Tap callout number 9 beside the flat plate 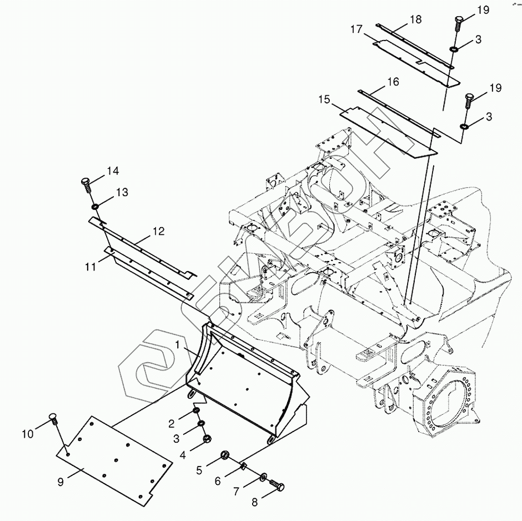coord(61,482)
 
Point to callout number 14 coord(113,171)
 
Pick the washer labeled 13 coord(96,207)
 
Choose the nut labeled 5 coord(225,455)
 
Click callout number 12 coord(159,231)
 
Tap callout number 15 coord(325,99)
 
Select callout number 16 coord(393,82)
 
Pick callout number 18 coord(415,19)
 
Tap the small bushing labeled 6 coord(244,465)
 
